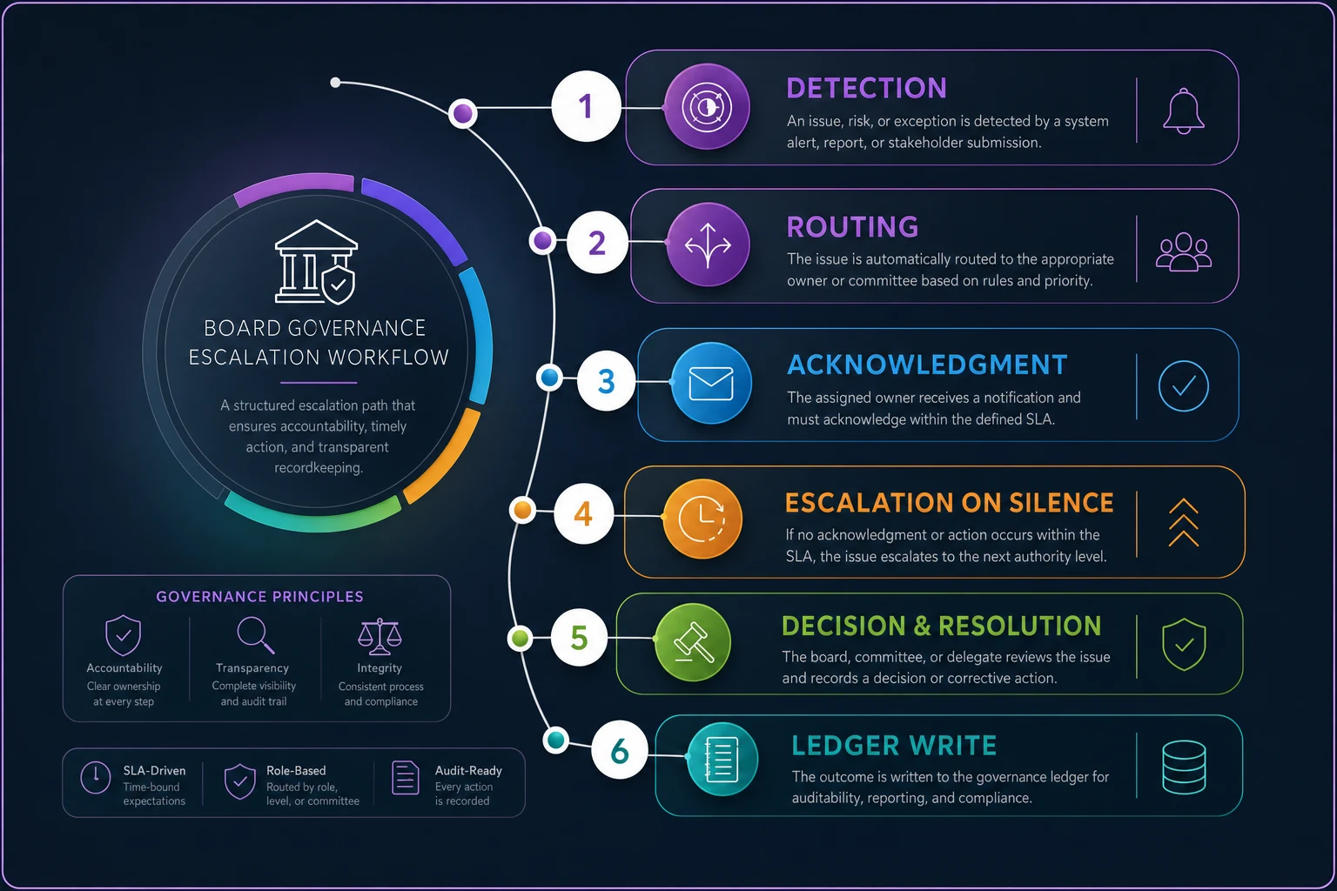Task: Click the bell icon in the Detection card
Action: (x=1183, y=111)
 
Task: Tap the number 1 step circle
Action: (x=586, y=106)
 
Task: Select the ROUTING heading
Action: (x=852, y=227)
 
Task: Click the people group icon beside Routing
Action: (x=1183, y=251)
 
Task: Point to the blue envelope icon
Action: (x=711, y=383)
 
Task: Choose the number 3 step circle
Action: (x=606, y=381)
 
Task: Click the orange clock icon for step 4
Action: (x=703, y=518)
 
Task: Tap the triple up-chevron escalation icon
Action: (x=1183, y=523)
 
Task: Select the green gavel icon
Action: (x=693, y=642)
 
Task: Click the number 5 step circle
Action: (x=578, y=638)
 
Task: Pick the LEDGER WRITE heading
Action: (x=894, y=746)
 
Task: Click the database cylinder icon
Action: (x=1184, y=767)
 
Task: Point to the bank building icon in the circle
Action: (x=316, y=262)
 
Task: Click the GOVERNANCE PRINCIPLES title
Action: (x=259, y=596)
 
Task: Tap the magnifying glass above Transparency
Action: (x=255, y=635)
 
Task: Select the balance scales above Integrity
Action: (x=380, y=636)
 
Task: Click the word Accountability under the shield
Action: (x=124, y=667)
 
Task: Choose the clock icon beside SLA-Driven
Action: (x=96, y=777)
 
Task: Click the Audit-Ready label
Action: (x=468, y=770)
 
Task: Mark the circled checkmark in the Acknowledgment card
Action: (x=1183, y=386)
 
